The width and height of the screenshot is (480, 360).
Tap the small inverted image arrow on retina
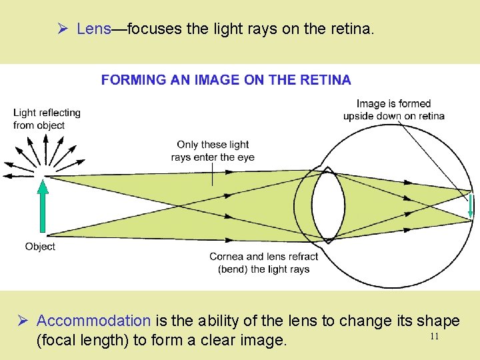[471, 205]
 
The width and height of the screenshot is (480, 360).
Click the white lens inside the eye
[326, 204]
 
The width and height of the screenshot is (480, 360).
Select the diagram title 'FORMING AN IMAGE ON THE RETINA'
[226, 80]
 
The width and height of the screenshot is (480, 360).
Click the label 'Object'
[40, 247]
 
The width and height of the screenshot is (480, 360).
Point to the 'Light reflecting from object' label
[47, 119]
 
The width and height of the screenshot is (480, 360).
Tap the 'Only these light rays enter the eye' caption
[213, 151]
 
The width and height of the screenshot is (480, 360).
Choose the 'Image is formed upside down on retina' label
[393, 109]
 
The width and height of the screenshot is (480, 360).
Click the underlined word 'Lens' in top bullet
[93, 29]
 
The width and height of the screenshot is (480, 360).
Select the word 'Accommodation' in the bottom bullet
[93, 321]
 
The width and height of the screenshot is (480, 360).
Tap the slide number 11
[434, 337]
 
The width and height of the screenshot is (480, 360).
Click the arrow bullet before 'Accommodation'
[23, 321]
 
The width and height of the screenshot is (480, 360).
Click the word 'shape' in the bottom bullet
[438, 321]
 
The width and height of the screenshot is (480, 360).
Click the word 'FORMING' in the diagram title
[133, 80]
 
